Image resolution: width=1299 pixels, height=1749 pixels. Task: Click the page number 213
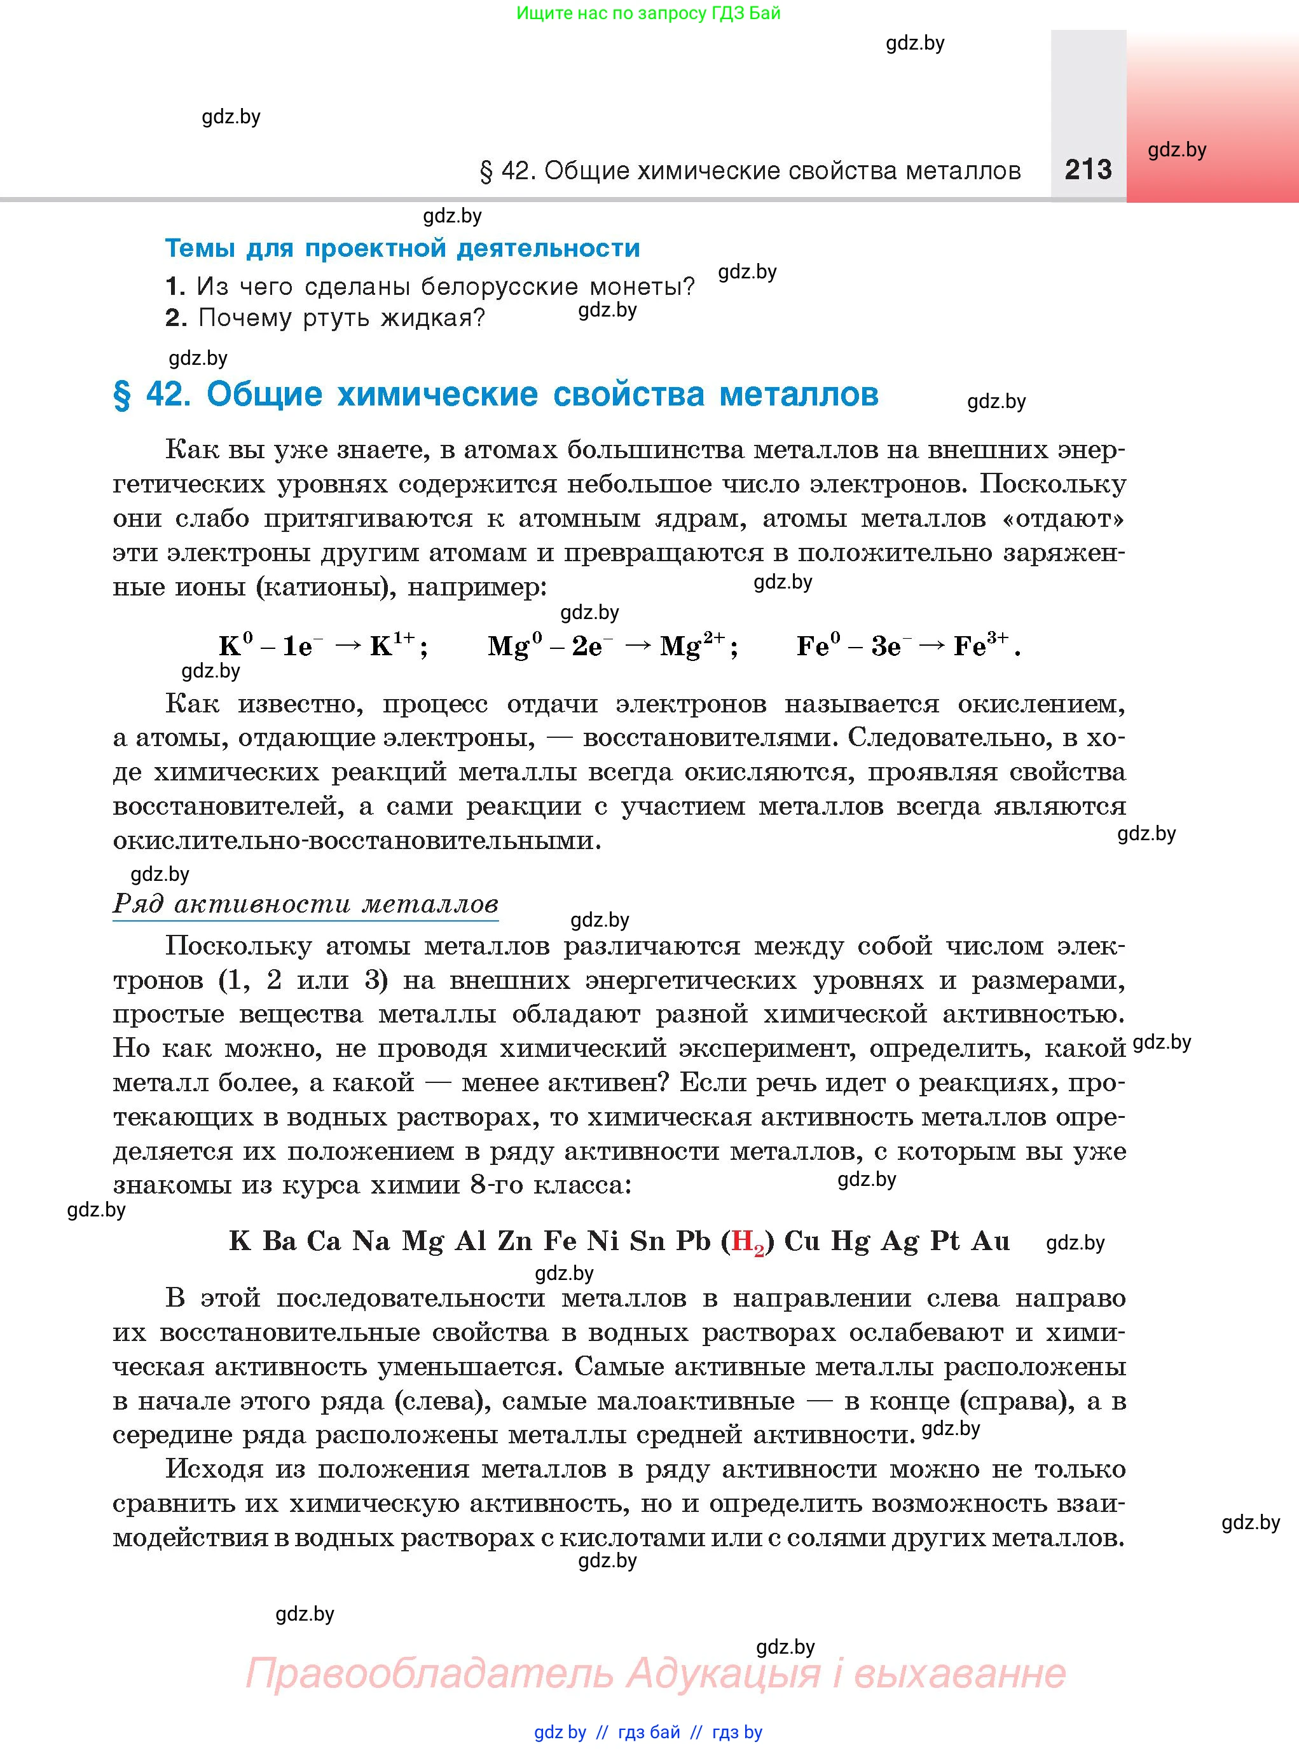pyautogui.click(x=1089, y=170)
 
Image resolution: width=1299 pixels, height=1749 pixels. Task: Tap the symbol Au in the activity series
pyautogui.click(x=991, y=1241)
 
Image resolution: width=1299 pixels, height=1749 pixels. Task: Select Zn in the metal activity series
pyautogui.click(x=515, y=1241)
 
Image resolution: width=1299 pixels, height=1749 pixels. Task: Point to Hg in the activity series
pyautogui.click(x=850, y=1241)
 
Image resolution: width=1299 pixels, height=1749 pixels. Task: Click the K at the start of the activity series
pyautogui.click(x=240, y=1241)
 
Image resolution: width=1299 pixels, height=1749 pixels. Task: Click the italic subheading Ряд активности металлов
pyautogui.click(x=305, y=903)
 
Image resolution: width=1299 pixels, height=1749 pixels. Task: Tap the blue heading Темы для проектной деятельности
pyautogui.click(x=402, y=248)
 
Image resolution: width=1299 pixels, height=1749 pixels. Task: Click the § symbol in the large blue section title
pyautogui.click(x=122, y=395)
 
